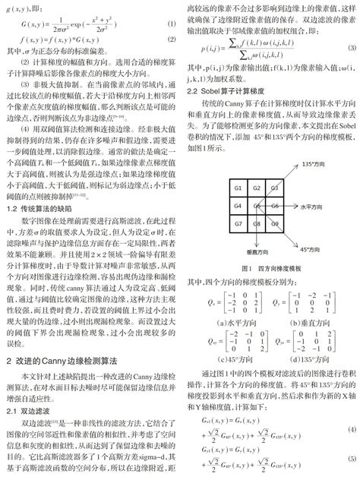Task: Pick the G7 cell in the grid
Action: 238,223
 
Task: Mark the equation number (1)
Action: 171,26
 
